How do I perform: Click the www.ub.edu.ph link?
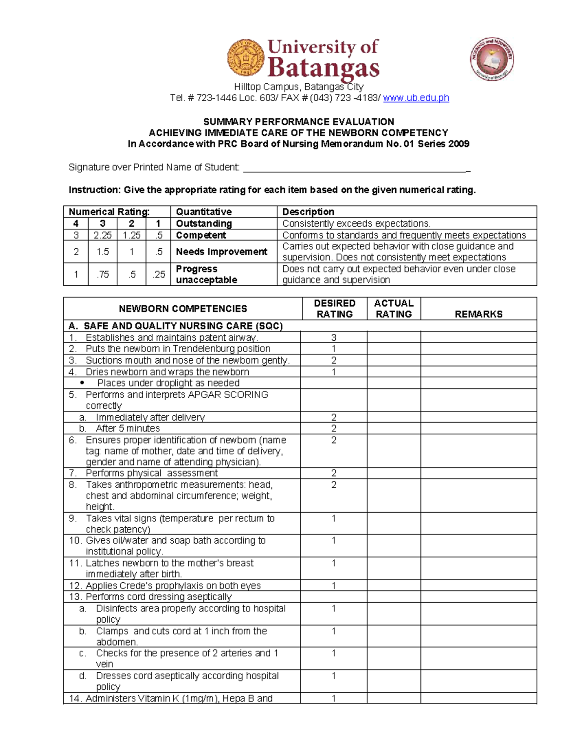click(416, 98)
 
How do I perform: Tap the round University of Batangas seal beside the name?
click(246, 58)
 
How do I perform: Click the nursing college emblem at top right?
click(492, 59)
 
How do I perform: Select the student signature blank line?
click(355, 168)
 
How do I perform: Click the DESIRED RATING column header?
click(334, 309)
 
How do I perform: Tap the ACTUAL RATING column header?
click(394, 309)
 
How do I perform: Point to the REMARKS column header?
click(478, 314)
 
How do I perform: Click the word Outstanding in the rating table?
click(203, 223)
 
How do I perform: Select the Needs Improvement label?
click(221, 252)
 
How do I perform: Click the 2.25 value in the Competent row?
click(102, 235)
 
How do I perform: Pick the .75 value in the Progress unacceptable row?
click(102, 275)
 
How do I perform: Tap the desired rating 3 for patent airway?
click(334, 337)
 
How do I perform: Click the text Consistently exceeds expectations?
click(356, 223)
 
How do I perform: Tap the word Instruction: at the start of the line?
click(94, 190)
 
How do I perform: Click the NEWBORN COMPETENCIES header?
click(182, 309)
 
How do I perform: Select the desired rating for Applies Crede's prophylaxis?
click(334, 586)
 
